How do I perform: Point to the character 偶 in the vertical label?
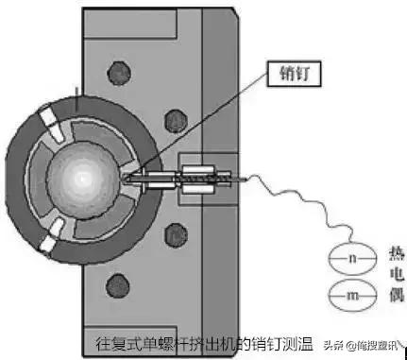(396, 297)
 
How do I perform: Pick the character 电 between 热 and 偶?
(396, 276)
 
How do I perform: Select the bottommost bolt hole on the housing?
(120, 281)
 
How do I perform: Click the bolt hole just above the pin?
(173, 121)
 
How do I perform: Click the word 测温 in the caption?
(296, 343)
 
